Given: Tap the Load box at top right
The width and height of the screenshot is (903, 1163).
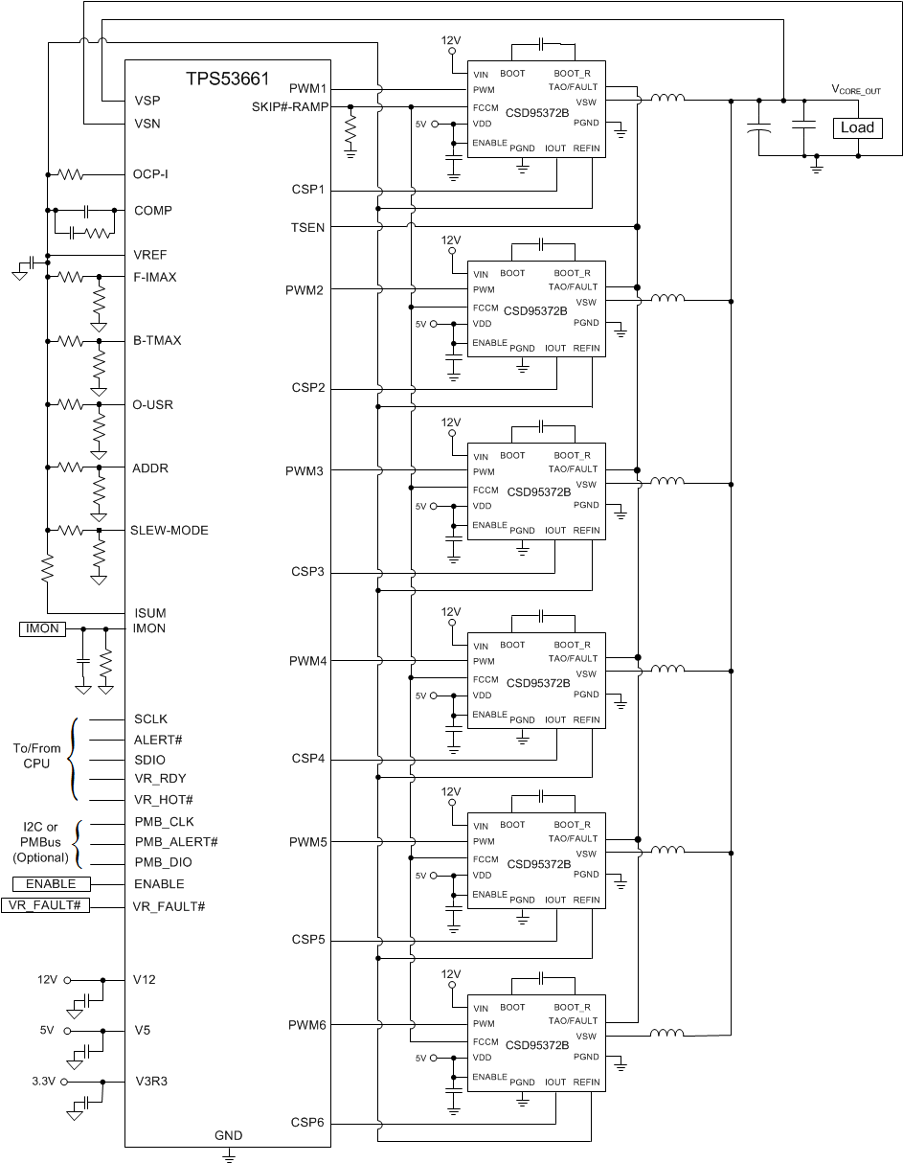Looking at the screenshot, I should click(x=857, y=127).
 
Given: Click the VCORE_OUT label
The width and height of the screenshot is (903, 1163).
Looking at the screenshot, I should click(x=855, y=90).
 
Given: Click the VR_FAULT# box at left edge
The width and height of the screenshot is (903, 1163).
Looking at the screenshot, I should click(x=45, y=905).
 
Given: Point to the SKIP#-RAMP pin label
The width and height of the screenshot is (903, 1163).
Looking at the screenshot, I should click(x=290, y=106).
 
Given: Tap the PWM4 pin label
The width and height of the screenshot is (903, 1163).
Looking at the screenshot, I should click(x=306, y=661).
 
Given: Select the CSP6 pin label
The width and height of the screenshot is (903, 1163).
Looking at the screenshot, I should click(x=308, y=1122).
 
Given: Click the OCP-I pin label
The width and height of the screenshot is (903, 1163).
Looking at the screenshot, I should click(x=150, y=174).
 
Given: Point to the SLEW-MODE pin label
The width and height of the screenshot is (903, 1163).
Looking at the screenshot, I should click(x=169, y=530).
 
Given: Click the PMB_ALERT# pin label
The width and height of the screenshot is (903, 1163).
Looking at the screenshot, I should click(x=176, y=841).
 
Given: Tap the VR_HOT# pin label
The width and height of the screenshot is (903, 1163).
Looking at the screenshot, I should click(x=164, y=799).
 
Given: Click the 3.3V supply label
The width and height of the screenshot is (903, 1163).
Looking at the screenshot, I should click(x=44, y=1081).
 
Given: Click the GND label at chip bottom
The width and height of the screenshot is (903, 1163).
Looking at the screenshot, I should click(x=229, y=1135).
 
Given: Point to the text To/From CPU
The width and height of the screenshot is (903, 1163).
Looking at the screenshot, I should click(x=36, y=756).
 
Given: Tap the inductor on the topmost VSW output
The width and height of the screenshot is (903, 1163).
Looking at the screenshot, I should click(x=667, y=98).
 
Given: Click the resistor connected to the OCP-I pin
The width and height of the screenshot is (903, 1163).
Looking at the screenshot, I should click(x=71, y=174).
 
